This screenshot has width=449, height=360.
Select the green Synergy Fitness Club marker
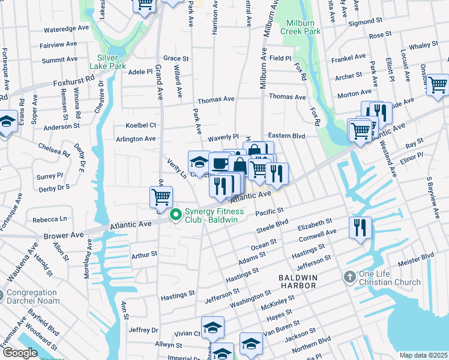pyautogui.click(x=176, y=215)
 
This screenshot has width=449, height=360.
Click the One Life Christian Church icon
pyautogui.click(x=349, y=278)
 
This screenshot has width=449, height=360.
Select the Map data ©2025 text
pyautogui.click(x=423, y=355)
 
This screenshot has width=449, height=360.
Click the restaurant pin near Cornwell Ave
pyautogui.click(x=360, y=227)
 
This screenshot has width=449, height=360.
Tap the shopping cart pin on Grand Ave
pyautogui.click(x=161, y=197)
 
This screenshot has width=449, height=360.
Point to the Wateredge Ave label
pyautogui.click(x=66, y=28)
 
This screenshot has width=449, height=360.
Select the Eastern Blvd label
pyautogui.click(x=287, y=136)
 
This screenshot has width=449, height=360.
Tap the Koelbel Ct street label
pyautogui.click(x=140, y=125)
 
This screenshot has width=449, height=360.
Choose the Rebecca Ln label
pyautogui.click(x=50, y=219)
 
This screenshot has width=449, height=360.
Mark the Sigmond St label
pyautogui.click(x=373, y=22)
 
